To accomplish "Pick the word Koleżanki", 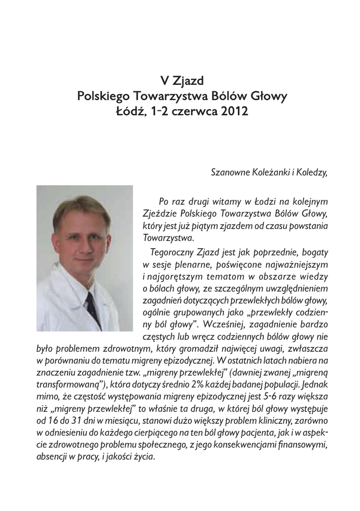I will [271, 173].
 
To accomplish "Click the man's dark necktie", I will [92, 307].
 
